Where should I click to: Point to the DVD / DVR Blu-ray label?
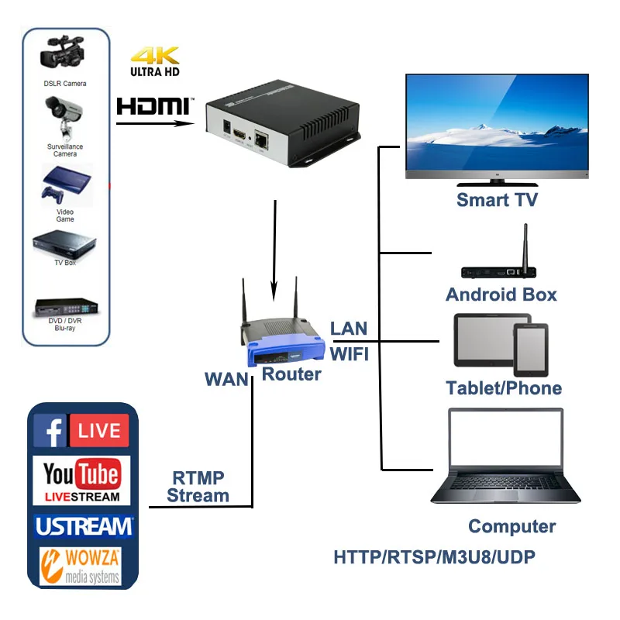click(65, 324)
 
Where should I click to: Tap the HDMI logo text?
click(153, 105)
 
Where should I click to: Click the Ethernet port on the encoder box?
click(263, 139)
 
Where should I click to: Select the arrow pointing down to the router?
click(274, 248)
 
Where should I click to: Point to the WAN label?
click(226, 380)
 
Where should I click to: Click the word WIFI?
click(350, 354)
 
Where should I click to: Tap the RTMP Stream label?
click(198, 487)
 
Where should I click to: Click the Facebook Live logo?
click(81, 431)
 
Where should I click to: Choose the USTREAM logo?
click(84, 526)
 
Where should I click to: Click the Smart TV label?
click(497, 200)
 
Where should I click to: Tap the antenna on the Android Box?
click(525, 247)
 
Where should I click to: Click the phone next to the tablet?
click(530, 350)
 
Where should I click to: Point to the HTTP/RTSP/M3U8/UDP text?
click(434, 557)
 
